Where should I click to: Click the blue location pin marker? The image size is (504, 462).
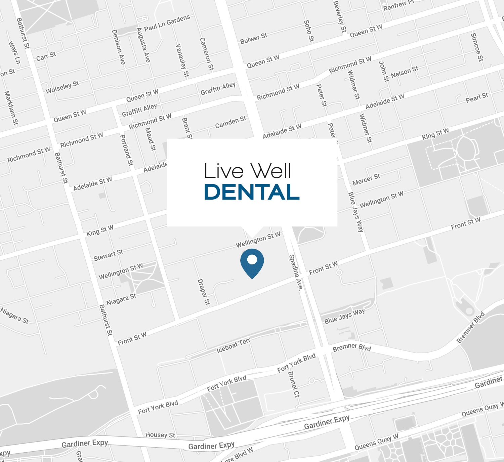(252, 262)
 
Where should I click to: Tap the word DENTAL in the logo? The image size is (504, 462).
(252, 192)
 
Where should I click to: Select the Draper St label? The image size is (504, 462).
(204, 292)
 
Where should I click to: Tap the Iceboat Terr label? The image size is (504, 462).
(233, 345)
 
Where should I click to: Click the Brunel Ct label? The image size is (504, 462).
(294, 384)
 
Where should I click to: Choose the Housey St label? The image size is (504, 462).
(160, 435)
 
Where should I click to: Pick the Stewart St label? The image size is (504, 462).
(108, 255)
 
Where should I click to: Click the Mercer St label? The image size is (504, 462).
(366, 179)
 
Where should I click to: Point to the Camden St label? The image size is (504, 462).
(230, 122)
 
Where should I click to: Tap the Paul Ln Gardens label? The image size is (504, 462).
(167, 23)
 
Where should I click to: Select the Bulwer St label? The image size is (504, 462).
(254, 38)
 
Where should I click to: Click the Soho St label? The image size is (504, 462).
(309, 31)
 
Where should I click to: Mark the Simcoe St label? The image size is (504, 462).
(477, 47)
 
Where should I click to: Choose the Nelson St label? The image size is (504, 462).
(405, 72)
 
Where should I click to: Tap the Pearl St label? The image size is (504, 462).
(477, 97)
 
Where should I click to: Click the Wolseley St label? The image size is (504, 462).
(62, 87)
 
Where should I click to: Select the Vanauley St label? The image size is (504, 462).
(182, 60)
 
